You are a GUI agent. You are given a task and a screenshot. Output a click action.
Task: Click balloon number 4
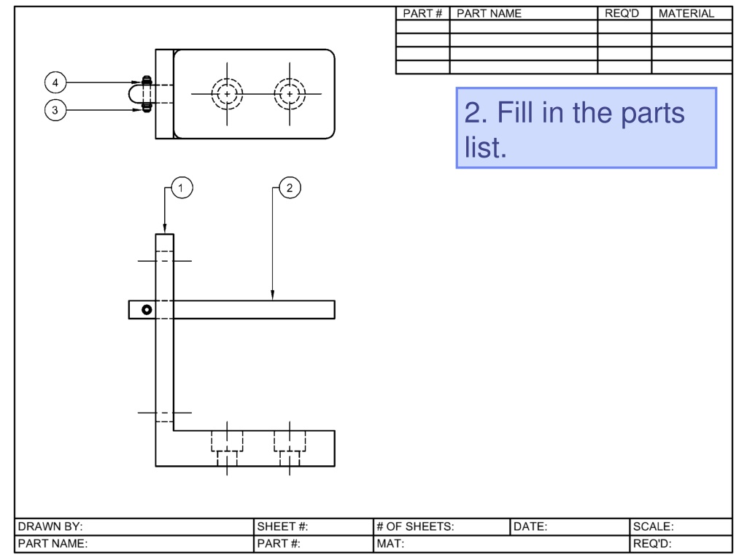[55, 82]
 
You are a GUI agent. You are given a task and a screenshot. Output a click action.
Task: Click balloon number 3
[55, 110]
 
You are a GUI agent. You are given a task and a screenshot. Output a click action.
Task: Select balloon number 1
[182, 187]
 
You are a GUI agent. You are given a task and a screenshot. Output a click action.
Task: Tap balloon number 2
[290, 187]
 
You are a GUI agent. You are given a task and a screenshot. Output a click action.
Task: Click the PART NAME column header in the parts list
[489, 13]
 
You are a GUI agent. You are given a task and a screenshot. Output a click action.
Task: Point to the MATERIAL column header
[686, 13]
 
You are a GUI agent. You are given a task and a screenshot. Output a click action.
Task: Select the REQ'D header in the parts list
[622, 13]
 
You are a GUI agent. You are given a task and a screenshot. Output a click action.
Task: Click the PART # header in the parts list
[422, 13]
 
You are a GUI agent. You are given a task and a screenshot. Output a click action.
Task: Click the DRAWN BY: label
[50, 526]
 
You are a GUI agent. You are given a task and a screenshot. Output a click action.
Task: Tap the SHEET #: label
[282, 526]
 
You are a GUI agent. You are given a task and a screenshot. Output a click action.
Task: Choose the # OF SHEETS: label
[415, 526]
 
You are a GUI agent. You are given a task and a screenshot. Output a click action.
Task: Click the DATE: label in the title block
[530, 526]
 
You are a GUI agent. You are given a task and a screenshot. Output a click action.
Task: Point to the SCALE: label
[653, 526]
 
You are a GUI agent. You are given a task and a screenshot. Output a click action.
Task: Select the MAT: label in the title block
[390, 543]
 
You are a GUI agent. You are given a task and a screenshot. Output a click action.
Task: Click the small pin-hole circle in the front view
[147, 309]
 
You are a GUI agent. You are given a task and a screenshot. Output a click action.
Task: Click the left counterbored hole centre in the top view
[227, 94]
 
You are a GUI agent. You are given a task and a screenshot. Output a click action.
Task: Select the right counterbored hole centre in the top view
[290, 94]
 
